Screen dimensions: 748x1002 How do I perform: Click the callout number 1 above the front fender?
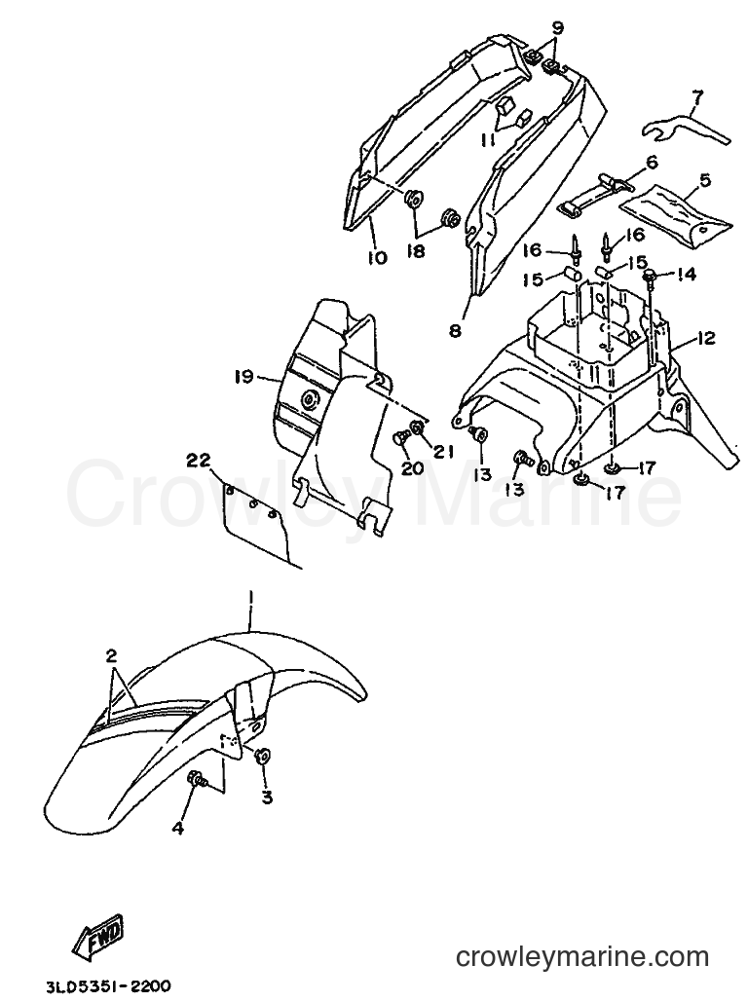click(x=251, y=599)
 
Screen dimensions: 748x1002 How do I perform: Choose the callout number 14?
click(x=686, y=275)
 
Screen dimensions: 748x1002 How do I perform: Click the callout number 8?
click(x=455, y=332)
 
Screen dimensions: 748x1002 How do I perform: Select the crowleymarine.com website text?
click(x=582, y=957)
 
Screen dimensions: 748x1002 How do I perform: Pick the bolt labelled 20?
click(x=397, y=440)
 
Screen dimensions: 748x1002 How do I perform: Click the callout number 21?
click(x=442, y=452)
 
